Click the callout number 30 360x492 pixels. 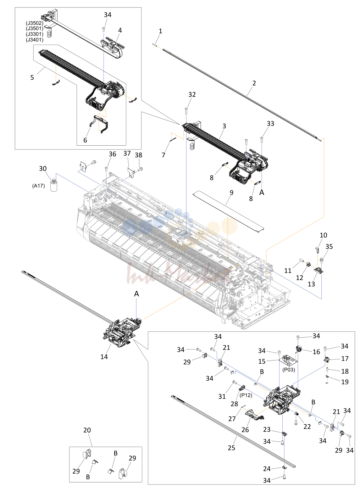(43, 168)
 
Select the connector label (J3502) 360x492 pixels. (34, 23)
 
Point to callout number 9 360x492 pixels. (231, 192)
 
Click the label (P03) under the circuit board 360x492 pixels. (288, 370)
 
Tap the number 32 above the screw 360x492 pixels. (192, 94)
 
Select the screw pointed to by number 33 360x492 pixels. (261, 139)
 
